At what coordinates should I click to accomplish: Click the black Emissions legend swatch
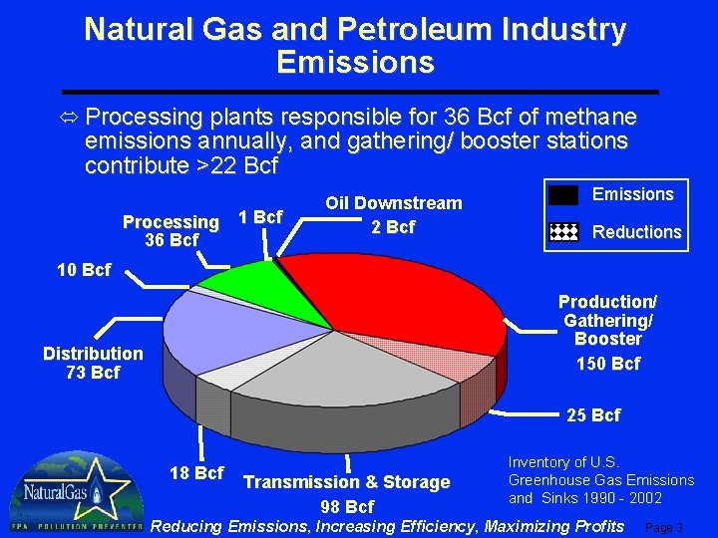point(563,195)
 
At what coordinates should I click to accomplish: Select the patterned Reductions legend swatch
point(563,232)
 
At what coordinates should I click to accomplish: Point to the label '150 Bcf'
point(608,364)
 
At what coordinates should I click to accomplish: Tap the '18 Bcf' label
point(196,472)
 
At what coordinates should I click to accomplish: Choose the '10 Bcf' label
point(84,270)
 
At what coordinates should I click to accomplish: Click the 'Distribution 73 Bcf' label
point(93,363)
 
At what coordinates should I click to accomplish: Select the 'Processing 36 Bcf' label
point(171,231)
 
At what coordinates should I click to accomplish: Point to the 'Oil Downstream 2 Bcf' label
point(393,215)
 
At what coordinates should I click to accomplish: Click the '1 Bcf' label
point(261,217)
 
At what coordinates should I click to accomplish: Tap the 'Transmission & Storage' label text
point(347,482)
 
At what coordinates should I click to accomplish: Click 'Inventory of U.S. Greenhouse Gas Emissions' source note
point(600,480)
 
